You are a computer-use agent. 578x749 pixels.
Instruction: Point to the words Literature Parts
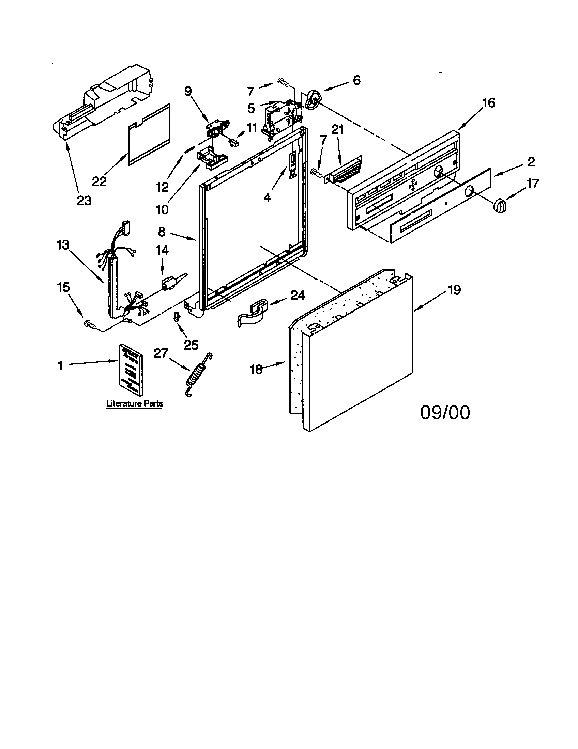[135, 403]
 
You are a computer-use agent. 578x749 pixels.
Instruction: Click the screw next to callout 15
[88, 323]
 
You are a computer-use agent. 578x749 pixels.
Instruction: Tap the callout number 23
[84, 201]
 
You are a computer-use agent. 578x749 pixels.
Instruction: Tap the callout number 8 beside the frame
[162, 232]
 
